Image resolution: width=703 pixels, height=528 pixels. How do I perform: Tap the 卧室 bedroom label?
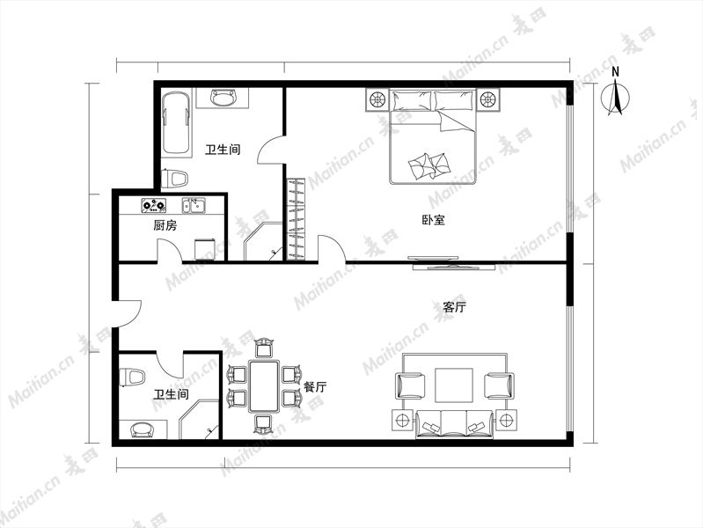pos(433,220)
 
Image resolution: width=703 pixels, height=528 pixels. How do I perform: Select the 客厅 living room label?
pos(454,307)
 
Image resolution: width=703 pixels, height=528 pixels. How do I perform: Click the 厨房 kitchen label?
pos(165,225)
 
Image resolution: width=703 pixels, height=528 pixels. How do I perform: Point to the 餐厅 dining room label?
pos(315,386)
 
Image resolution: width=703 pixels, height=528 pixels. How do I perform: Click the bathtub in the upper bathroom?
pos(176,123)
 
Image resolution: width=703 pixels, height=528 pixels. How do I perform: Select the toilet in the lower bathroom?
pos(132,377)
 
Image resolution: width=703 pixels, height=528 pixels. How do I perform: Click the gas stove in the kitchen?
pos(154,205)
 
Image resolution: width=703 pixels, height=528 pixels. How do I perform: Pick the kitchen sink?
pos(194,205)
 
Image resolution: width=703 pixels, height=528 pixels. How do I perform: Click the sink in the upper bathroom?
pos(223,98)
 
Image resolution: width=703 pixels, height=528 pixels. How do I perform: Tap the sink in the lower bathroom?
pos(142,429)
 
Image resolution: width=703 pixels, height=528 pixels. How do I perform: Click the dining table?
pos(264,385)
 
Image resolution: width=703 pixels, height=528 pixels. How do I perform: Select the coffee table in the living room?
pos(454,385)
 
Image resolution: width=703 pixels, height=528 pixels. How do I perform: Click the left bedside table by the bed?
pos(377,99)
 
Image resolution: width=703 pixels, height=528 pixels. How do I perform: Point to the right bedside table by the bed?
pos(487,99)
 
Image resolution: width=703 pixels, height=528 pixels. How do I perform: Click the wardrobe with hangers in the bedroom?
pos(296,219)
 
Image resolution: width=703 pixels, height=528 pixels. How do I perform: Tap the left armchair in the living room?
pos(410,385)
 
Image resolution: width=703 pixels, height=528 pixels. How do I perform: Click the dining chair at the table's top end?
pos(264,348)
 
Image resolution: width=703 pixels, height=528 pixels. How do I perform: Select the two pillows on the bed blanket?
pos(429,166)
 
